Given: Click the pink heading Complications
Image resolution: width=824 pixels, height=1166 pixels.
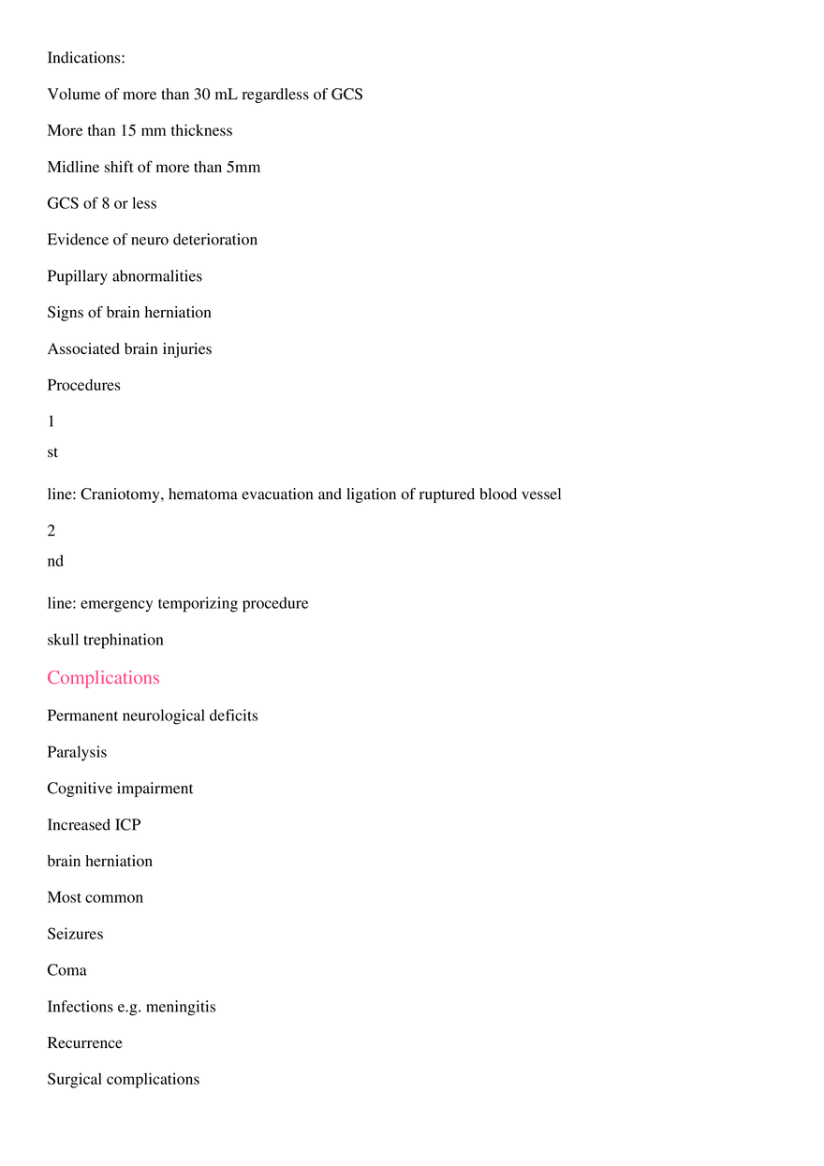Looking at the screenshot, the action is coord(103,677).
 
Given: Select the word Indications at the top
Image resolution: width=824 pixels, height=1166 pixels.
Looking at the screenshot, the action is coord(84,57).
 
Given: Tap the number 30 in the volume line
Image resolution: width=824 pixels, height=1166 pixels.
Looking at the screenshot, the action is coord(202,94).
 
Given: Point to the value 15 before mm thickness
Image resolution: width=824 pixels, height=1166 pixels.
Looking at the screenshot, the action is coord(128,130).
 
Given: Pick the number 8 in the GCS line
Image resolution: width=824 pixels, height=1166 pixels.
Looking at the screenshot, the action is coord(106,203).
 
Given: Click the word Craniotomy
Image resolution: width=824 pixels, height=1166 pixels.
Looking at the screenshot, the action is coord(122,494).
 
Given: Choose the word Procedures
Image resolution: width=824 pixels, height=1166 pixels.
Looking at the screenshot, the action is coord(83,385).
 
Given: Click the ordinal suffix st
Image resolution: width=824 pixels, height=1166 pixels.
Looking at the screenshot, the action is coord(52,451).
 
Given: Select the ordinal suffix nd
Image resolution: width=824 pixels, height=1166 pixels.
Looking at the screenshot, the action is coord(55,561).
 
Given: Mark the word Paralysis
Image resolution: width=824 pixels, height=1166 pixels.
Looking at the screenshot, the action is coord(77,752).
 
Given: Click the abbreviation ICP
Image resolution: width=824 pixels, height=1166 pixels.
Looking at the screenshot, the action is coord(127,824).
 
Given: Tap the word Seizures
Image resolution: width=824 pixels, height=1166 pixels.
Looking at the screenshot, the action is coord(75,934).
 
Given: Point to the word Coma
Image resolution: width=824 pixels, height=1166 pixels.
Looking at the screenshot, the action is coord(66,970).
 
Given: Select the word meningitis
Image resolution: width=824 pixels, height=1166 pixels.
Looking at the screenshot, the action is coord(181,1007).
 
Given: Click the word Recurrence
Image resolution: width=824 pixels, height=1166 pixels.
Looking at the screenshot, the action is coord(84,1043).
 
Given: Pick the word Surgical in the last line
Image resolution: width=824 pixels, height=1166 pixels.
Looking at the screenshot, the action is coord(73,1080).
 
